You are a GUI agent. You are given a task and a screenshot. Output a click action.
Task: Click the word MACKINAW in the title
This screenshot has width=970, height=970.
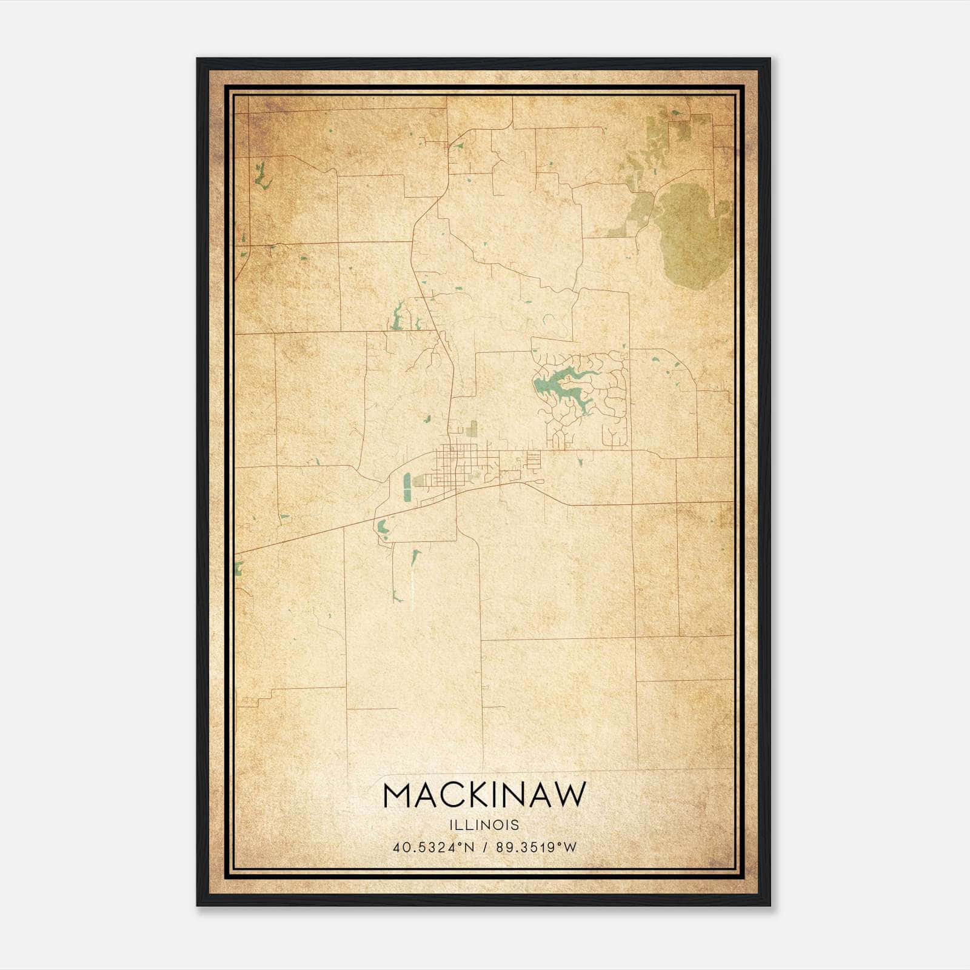pos(484,795)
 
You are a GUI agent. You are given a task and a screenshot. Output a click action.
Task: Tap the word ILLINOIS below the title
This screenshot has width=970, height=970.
pos(484,825)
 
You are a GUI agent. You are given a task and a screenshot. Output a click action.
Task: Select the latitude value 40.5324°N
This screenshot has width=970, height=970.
pos(432,848)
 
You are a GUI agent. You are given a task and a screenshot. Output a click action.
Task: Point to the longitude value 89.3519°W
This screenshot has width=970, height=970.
pos(537,848)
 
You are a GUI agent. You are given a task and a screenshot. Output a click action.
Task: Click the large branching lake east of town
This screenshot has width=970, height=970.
pos(561,388)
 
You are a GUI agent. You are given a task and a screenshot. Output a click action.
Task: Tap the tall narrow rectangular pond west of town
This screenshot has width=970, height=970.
pos(407,488)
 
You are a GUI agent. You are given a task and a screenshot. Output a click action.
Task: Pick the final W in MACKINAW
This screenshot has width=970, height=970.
pos(572,795)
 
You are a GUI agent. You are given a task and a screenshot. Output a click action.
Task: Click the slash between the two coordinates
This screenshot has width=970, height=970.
pos(486,848)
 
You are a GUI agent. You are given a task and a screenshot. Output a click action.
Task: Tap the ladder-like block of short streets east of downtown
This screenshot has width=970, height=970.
pos(533,460)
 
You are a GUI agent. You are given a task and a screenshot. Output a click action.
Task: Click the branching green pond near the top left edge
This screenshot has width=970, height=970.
pos(262,176)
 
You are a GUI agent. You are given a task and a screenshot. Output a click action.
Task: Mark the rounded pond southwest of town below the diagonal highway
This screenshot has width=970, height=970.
pos(382,527)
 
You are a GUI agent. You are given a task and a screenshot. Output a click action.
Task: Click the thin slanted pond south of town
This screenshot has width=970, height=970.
pos(415,558)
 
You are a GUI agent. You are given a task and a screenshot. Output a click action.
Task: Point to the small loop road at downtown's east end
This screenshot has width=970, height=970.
pos(536,481)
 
